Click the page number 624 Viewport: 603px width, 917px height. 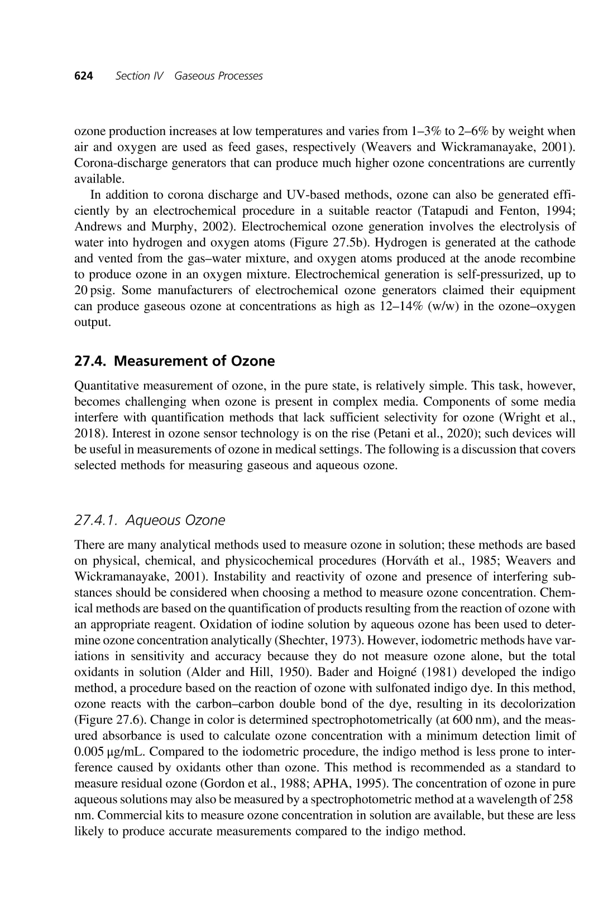point(83,76)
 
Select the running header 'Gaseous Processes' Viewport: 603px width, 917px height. point(218,76)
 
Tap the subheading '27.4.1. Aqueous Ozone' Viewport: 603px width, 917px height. point(150,520)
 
